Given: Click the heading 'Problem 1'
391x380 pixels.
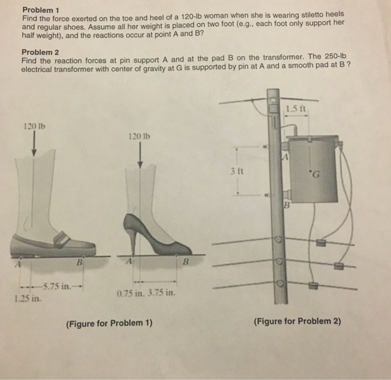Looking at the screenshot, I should (40, 9).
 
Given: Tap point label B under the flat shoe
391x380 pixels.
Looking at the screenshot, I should (79, 262).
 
